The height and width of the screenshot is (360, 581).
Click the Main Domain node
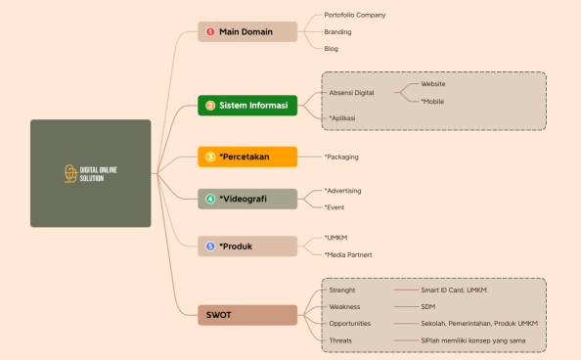coord(247,32)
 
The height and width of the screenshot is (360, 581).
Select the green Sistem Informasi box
coord(247,106)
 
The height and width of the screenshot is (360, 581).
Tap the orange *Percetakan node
coord(247,157)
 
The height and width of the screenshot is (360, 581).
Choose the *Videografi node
coord(247,200)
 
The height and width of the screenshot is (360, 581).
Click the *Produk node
coord(247,247)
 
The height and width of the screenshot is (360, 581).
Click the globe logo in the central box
coord(69,174)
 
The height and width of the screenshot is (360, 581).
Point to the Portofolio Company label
coord(355,15)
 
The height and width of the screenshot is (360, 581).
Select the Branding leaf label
coord(338,31)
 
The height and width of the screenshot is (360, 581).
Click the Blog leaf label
coord(332,48)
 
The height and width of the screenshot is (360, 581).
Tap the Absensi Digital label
coord(352,93)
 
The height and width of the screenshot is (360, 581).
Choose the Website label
coord(433,84)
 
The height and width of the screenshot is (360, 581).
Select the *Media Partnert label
coord(348,254)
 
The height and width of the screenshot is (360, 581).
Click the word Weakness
coord(344,306)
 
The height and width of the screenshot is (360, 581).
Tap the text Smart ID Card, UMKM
coord(454,290)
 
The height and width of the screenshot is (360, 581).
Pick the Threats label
coord(340,340)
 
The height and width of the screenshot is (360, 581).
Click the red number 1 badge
coord(210,32)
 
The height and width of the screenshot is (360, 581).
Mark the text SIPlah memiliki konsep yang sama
coord(473,340)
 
